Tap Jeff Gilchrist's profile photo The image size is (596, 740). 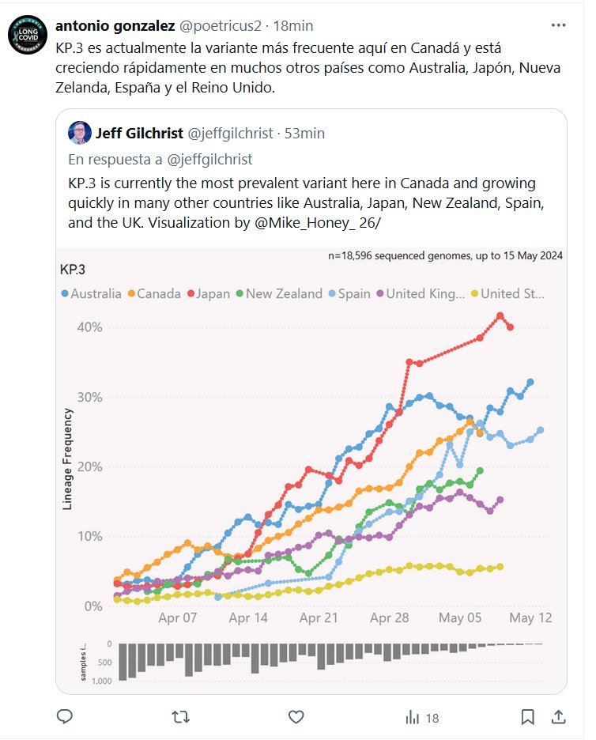tap(80, 133)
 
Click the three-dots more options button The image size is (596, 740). tap(559, 25)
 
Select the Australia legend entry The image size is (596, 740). tap(91, 293)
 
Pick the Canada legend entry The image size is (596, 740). tap(153, 293)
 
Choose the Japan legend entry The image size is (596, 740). tap(209, 293)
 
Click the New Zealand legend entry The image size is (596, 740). tap(278, 293)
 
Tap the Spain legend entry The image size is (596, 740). tap(349, 293)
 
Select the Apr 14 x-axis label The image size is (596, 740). tap(248, 617)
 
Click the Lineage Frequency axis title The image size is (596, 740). tap(69, 459)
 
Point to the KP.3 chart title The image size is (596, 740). tap(74, 269)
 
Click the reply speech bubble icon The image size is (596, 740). tap(66, 717)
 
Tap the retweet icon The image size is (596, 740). tap(180, 717)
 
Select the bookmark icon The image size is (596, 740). tap(528, 717)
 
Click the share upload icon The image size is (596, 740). tap(558, 717)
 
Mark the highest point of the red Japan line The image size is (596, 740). tap(500, 316)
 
